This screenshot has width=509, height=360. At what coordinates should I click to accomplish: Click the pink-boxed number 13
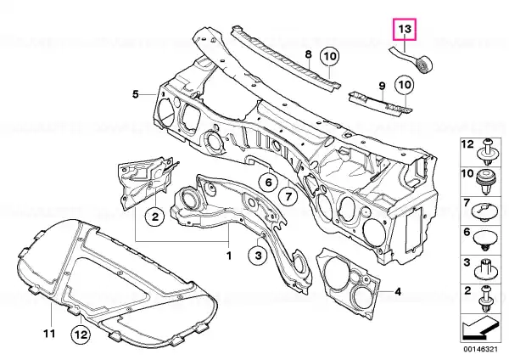tap(405, 29)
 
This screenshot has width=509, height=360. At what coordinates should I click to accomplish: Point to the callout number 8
tap(309, 54)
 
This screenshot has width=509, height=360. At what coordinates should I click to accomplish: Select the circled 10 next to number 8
tap(329, 57)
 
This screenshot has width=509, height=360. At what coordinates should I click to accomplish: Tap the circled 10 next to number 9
tap(404, 85)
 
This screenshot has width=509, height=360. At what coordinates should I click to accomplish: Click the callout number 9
tap(382, 86)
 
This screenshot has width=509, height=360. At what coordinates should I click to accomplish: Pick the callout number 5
tap(136, 94)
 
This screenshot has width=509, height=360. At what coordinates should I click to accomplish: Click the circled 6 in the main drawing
tap(268, 183)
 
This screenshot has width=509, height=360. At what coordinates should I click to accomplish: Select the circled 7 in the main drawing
tap(288, 196)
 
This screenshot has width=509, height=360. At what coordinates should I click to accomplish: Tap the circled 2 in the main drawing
tap(155, 216)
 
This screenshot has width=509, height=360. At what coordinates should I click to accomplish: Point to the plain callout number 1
tap(229, 256)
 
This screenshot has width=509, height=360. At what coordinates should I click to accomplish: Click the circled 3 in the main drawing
tap(258, 255)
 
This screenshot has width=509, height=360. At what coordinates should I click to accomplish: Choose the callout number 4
tap(398, 292)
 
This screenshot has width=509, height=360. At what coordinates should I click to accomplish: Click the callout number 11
tap(49, 334)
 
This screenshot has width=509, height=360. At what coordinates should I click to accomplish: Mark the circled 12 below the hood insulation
tap(81, 334)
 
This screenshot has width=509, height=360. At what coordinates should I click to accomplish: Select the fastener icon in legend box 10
tap(485, 182)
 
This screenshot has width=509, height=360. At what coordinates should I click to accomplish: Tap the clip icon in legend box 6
tap(484, 240)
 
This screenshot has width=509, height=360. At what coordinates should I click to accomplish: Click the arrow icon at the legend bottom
tap(480, 328)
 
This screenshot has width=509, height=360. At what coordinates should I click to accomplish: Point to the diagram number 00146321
tap(480, 349)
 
